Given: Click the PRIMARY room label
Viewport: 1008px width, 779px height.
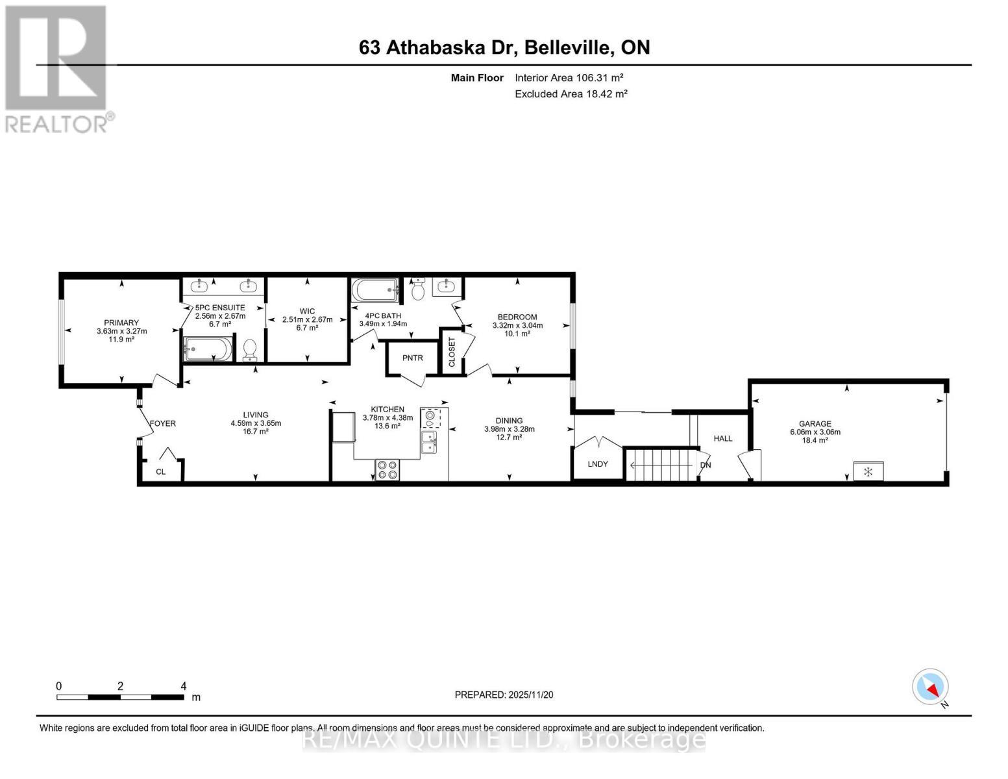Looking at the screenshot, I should pyautogui.click(x=121, y=323).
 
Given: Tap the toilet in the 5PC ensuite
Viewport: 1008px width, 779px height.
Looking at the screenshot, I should pyautogui.click(x=251, y=351).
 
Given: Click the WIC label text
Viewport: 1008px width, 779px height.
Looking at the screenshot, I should pyautogui.click(x=307, y=311).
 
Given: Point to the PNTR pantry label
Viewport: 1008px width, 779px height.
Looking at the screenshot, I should pyautogui.click(x=412, y=358).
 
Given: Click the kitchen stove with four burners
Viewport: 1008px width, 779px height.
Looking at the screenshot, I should pyautogui.click(x=387, y=469).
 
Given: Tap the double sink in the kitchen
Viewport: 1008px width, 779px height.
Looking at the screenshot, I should pyautogui.click(x=429, y=442).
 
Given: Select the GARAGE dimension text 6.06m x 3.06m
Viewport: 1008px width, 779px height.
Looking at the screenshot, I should pyautogui.click(x=815, y=432).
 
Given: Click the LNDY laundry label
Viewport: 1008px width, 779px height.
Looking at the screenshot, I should pyautogui.click(x=597, y=464).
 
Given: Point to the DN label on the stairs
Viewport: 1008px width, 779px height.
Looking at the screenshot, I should pyautogui.click(x=705, y=465).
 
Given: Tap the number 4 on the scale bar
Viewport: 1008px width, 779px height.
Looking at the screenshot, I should pyautogui.click(x=184, y=686).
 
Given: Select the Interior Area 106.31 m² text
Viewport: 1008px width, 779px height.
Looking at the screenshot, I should pyautogui.click(x=569, y=77).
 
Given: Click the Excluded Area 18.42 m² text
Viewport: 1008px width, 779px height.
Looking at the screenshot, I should pyautogui.click(x=571, y=93).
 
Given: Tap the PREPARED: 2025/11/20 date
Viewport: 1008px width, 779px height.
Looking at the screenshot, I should pyautogui.click(x=504, y=695).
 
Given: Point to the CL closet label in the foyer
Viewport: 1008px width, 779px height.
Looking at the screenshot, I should pyautogui.click(x=160, y=471).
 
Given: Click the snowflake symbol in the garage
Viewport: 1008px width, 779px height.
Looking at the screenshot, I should pyautogui.click(x=868, y=471).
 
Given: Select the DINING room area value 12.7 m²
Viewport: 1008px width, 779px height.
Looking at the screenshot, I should pyautogui.click(x=509, y=438).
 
